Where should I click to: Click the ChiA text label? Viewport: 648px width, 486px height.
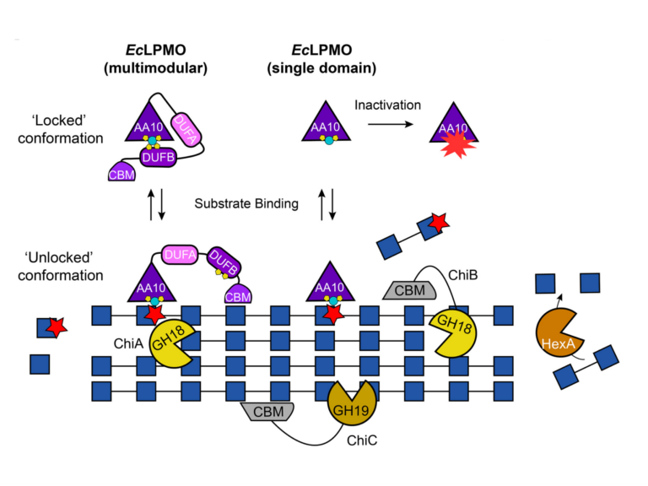[x=124, y=343]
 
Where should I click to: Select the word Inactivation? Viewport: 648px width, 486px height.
[x=388, y=105]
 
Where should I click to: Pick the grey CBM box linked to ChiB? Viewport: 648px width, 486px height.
[x=408, y=289]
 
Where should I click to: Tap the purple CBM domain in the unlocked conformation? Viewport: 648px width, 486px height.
[x=240, y=294]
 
